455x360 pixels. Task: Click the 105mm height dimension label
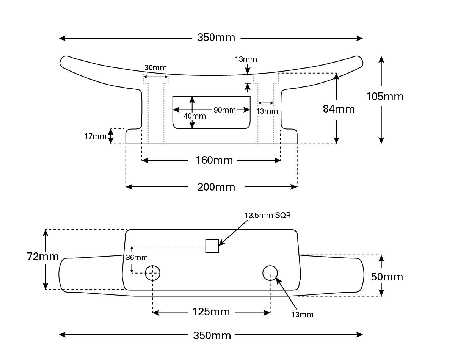(384, 97)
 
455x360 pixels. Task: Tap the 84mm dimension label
(339, 109)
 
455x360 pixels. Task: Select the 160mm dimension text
(214, 160)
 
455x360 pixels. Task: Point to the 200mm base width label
(216, 187)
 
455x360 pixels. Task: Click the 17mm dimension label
(96, 136)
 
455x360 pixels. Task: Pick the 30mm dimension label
(155, 68)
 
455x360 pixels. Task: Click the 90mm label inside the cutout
(224, 110)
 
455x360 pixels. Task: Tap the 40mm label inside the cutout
(195, 116)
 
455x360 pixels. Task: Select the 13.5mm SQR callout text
(268, 215)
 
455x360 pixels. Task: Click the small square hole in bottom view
(212, 246)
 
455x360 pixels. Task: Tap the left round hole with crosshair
(153, 272)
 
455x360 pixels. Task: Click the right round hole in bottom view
(270, 272)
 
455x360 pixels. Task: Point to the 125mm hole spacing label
(211, 312)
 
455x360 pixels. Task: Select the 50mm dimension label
(387, 277)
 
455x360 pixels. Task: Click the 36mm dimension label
(136, 258)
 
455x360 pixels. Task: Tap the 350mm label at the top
(216, 38)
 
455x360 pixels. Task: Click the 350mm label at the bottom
(212, 335)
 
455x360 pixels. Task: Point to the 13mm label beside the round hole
(302, 315)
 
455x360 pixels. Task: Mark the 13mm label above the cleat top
(246, 59)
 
